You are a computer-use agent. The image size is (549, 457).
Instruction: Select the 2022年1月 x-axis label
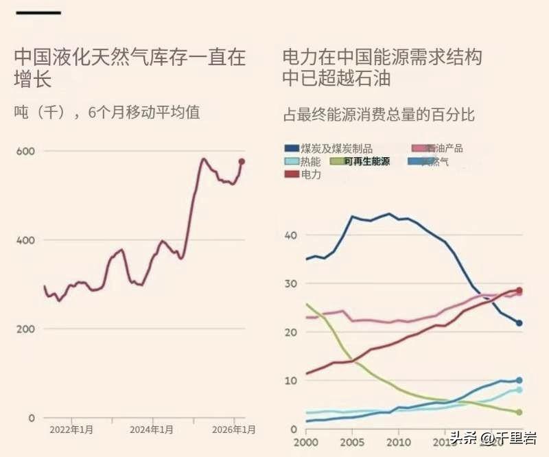click(72, 430)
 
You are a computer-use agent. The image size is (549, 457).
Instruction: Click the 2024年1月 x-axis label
click(153, 430)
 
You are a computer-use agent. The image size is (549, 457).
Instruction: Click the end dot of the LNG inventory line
click(242, 162)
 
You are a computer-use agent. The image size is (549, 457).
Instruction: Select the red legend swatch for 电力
click(291, 174)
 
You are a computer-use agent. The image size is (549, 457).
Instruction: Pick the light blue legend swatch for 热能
click(291, 161)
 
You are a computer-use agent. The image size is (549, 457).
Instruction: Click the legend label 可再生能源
click(366, 161)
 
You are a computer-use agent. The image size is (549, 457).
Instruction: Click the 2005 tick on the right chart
click(352, 442)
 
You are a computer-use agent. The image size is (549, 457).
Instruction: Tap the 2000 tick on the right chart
click(307, 442)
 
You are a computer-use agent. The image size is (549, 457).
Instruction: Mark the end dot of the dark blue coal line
click(519, 323)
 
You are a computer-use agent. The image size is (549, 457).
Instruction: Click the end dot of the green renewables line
click(519, 412)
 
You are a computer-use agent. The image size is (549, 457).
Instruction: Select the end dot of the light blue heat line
click(519, 390)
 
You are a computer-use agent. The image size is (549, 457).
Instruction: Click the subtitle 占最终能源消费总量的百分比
click(379, 114)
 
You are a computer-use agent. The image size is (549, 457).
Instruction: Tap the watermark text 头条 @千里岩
click(494, 438)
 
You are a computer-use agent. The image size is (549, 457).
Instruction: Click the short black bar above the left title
click(38, 12)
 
